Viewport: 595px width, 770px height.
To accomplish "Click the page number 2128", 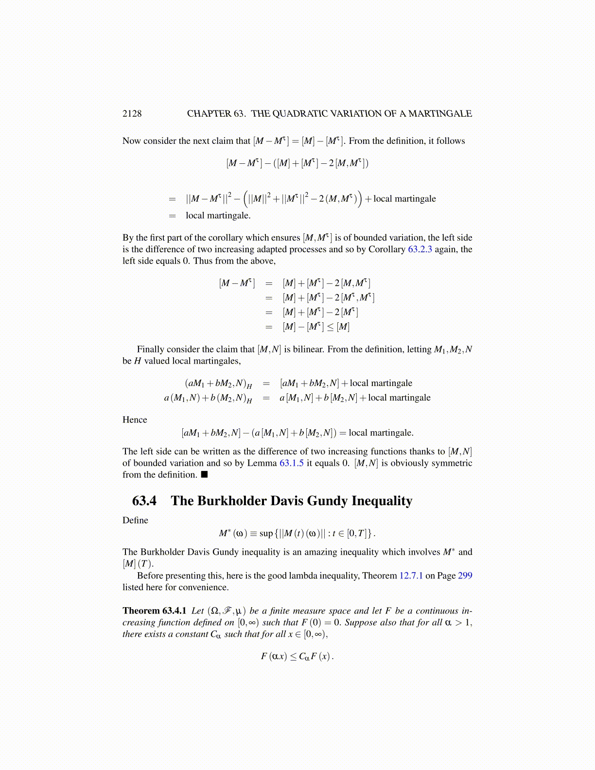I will click(x=132, y=114).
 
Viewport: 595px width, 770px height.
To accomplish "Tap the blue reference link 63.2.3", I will click(x=420, y=249).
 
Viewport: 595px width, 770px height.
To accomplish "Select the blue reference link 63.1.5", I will click(x=292, y=463).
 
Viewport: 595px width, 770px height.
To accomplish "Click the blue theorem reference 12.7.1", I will click(x=411, y=576).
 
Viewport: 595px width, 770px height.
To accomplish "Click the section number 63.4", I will click(x=144, y=501).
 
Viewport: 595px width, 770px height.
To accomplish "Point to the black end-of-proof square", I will click(x=204, y=474).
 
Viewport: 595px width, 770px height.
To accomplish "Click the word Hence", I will click(x=135, y=420).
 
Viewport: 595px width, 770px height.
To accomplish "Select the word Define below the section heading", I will click(x=135, y=521).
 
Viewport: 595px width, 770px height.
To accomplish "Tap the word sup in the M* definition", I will click(x=266, y=534).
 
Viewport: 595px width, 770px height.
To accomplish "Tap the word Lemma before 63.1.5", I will click(x=262, y=463).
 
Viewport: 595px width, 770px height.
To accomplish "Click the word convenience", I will click(x=202, y=588).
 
